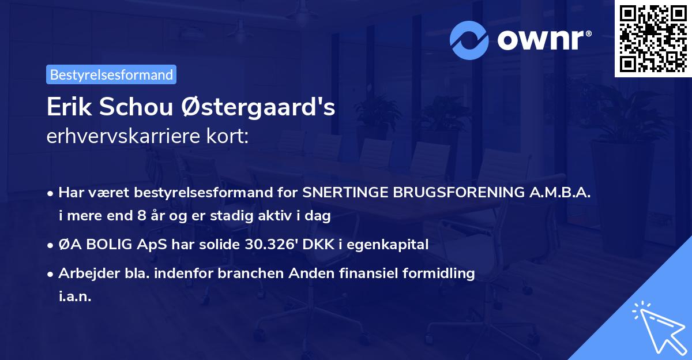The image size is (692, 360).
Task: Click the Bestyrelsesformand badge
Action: (x=111, y=74)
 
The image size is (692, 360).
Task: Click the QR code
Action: (x=653, y=39)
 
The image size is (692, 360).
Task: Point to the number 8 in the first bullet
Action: (x=142, y=217)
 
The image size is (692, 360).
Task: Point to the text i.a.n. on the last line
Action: (x=75, y=297)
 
